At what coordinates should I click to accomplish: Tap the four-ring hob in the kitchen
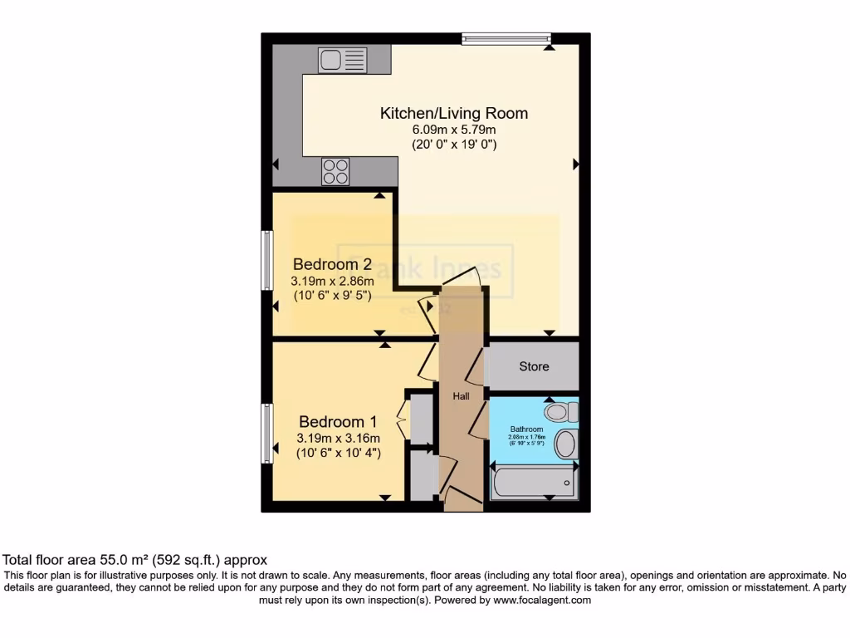pos(335,171)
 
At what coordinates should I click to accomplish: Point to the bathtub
pos(533,483)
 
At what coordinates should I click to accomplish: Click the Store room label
pos(534,366)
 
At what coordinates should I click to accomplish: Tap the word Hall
pos(461,396)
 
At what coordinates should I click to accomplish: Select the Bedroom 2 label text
pos(330,264)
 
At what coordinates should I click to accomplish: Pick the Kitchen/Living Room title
pos(453,113)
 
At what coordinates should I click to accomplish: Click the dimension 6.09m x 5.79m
pos(453,130)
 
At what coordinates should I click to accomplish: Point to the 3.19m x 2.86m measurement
pos(330,281)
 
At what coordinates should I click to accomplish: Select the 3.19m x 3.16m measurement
pos(338,439)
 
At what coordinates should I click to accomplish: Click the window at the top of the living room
pos(506,37)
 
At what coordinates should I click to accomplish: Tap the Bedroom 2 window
pos(267,260)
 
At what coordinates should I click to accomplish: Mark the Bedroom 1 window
pos(267,433)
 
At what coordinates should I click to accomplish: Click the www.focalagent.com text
pos(540,600)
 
